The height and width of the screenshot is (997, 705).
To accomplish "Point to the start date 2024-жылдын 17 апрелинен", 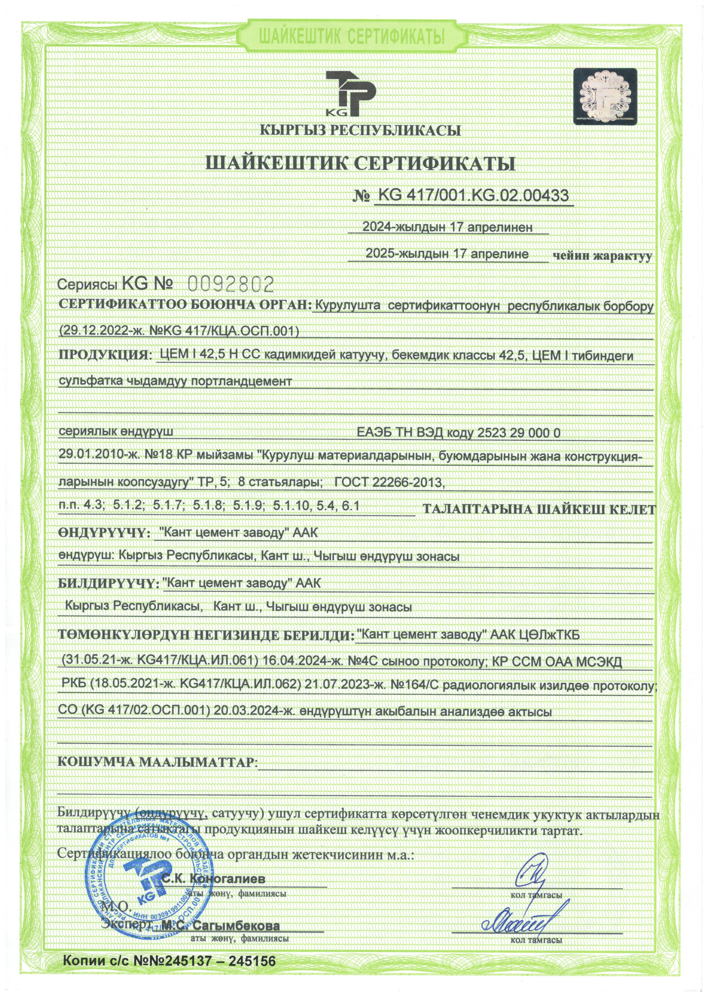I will click(447, 227).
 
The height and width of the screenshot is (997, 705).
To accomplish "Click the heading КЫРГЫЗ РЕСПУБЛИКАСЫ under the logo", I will click(360, 130).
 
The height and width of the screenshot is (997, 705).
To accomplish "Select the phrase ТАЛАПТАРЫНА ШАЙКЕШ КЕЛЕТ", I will click(539, 510).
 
